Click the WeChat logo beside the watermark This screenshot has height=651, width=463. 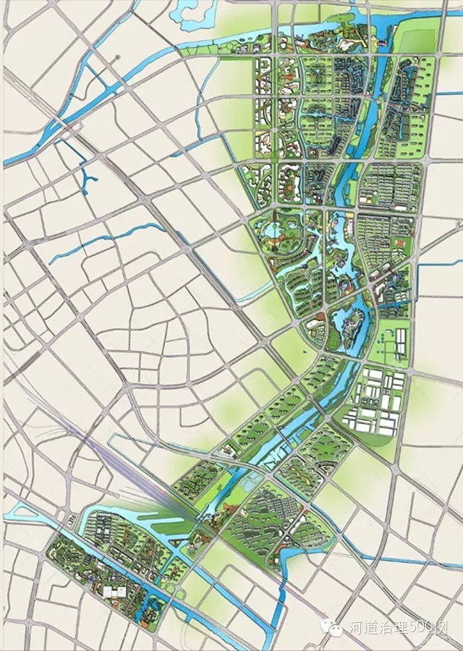pos(335,629)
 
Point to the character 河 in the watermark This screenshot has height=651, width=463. pos(354,629)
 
